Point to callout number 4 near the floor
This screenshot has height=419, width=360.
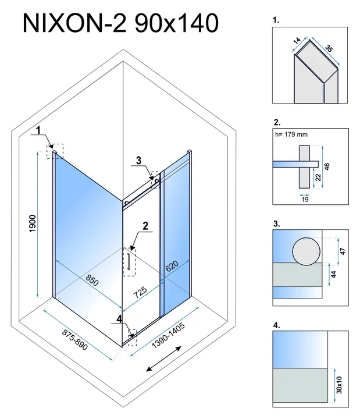(x=119, y=318)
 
